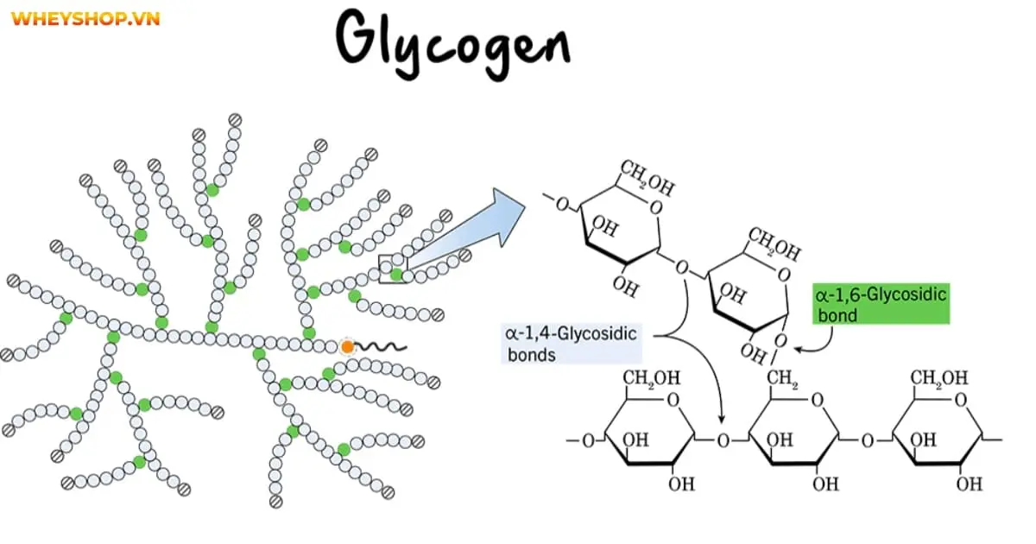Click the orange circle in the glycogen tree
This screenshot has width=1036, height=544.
tap(347, 347)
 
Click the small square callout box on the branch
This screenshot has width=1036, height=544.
tap(392, 269)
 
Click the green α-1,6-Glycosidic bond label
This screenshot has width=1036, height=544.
tap(881, 305)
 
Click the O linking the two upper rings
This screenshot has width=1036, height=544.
tap(682, 266)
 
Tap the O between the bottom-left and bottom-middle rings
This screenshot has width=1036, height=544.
tap(723, 440)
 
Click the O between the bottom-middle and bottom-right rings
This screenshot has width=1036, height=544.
tap(866, 440)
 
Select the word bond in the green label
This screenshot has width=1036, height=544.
tap(837, 315)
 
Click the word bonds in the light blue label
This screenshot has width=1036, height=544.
tap(532, 354)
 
